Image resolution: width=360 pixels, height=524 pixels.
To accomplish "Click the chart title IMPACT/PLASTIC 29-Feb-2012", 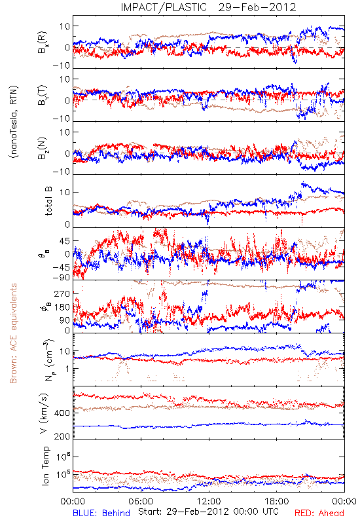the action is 208,7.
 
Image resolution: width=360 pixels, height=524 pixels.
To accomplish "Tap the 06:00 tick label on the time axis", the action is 141,501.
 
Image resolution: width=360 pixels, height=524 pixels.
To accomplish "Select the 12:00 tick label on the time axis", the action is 209,501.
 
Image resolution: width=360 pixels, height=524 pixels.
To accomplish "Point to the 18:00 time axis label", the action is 277,501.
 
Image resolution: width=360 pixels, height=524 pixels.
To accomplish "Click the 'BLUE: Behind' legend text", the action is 101,513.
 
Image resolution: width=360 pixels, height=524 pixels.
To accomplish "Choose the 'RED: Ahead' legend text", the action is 319,513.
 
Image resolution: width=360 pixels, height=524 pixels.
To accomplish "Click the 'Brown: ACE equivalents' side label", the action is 13,333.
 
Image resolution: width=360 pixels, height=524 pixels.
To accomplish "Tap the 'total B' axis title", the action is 48,201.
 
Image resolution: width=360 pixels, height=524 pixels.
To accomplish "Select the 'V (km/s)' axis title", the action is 44,413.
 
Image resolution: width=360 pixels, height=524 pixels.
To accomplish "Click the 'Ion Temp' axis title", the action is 45,466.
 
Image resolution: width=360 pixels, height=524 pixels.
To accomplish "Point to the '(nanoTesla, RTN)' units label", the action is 13,122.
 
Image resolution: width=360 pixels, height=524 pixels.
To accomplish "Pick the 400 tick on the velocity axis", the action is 62,413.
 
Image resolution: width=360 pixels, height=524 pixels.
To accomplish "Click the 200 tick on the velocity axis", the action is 62,436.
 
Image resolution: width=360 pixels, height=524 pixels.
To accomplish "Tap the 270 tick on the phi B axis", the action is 62,293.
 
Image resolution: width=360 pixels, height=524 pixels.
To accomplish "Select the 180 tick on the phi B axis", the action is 62,307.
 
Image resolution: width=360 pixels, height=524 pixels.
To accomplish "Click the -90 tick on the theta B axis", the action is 61,277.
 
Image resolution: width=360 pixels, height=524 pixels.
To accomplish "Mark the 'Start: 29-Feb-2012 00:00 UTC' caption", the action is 208,512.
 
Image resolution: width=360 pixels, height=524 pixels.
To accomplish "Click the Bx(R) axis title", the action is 43,43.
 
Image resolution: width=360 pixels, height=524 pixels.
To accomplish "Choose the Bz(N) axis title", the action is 43,148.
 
